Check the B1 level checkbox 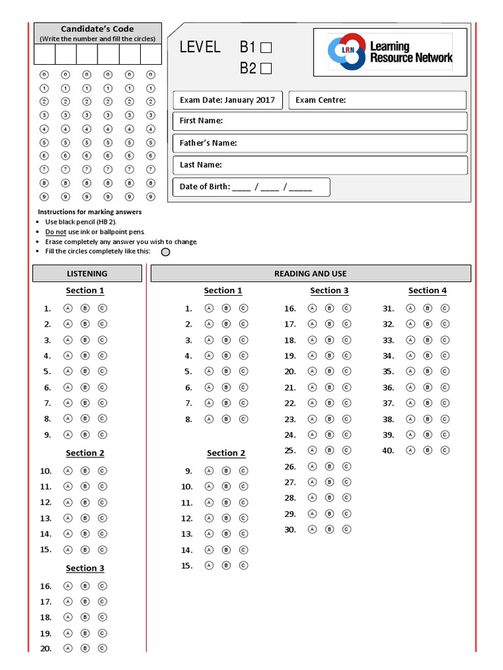tap(266, 47)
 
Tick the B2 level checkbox tap(266, 67)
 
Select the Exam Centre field tap(377, 100)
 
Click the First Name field tap(320, 121)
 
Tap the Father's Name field tap(320, 143)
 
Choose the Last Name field tap(320, 165)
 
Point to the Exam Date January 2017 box tap(227, 100)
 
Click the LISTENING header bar tap(87, 273)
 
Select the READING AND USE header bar tap(310, 273)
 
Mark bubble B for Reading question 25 tap(329, 450)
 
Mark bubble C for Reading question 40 tap(445, 450)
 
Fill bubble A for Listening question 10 tap(67, 470)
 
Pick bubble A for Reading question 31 tap(410, 308)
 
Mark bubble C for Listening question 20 tap(102, 648)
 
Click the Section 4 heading tap(427, 291)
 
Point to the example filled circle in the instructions tap(166, 252)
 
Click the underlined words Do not tap(56, 232)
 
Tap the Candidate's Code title tap(97, 29)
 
